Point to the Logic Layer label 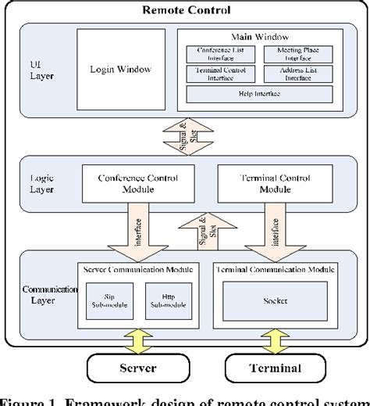[41, 184]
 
